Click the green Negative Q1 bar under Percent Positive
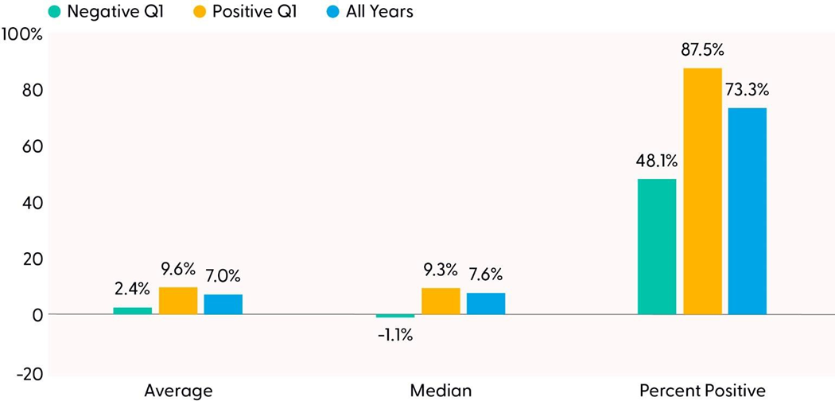pos(657,247)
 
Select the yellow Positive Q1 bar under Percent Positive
pos(702,191)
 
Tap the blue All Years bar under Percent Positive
pos(748,211)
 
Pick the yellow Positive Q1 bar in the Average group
pos(178,301)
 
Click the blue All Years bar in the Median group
pos(486,304)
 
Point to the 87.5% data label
pos(702,50)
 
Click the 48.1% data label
pos(656,161)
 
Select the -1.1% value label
pos(395,335)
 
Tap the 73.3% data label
pos(748,90)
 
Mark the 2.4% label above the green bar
pos(132,290)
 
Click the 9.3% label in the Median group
pos(440,271)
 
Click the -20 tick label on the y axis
pos(28,372)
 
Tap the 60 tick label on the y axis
pos(31,147)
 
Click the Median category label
pos(441,390)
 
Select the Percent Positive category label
pos(702,390)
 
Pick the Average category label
pos(178,390)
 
